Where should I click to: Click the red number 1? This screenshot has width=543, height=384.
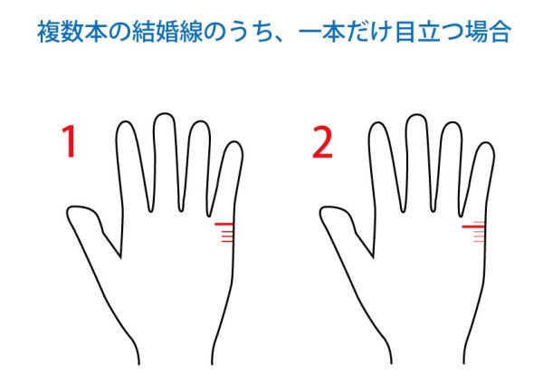71,141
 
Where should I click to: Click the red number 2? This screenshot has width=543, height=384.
322,142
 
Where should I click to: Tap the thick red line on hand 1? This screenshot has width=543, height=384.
224,225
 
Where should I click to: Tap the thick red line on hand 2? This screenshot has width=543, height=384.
473,227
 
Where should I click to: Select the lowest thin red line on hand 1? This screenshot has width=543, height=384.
227,241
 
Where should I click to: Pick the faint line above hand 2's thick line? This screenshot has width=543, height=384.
479,222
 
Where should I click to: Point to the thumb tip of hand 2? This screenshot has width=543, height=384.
321,213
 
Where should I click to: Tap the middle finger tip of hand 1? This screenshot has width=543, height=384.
164,114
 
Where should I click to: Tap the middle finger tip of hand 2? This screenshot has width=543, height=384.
417,115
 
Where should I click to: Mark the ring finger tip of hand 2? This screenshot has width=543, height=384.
452,123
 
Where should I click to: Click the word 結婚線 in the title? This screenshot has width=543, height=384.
167,32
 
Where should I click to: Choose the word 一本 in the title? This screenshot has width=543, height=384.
322,32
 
